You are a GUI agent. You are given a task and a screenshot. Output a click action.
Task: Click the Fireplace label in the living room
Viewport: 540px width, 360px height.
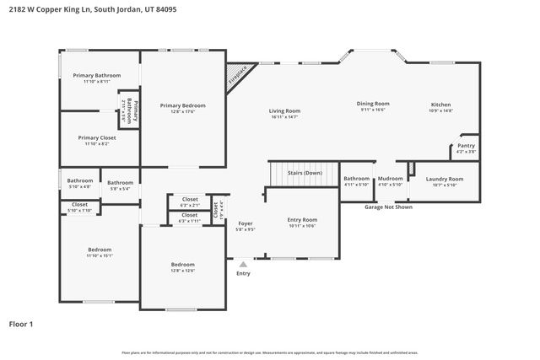[x=240, y=76]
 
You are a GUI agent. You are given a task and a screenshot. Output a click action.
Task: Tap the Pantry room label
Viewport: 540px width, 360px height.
[x=466, y=146]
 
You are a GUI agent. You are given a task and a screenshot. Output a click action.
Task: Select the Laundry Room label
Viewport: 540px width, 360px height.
[x=444, y=179]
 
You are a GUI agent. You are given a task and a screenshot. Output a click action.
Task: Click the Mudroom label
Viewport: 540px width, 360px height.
[x=391, y=179]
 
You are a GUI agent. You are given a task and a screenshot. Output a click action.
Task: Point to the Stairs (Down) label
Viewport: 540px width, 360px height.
[x=305, y=172]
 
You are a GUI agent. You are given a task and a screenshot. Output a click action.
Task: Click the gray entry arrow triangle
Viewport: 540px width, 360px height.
[x=243, y=264]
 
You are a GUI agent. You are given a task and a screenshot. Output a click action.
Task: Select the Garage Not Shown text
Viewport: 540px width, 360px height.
[x=388, y=207]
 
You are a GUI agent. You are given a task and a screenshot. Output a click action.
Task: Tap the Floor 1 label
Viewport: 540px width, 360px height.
[x=21, y=324]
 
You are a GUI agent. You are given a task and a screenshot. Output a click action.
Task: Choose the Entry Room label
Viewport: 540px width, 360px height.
[x=302, y=219]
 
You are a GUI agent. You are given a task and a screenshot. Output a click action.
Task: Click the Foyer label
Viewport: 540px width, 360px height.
[x=245, y=223]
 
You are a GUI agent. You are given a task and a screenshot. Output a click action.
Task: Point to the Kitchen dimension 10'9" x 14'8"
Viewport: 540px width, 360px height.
[x=441, y=110]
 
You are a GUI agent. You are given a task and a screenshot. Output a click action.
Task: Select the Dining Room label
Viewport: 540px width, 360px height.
[x=372, y=103]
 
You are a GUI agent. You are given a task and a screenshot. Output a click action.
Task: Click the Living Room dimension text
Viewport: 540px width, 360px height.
[x=284, y=117]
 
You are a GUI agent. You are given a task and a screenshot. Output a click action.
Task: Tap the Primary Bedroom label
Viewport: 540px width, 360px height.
[x=182, y=105]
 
